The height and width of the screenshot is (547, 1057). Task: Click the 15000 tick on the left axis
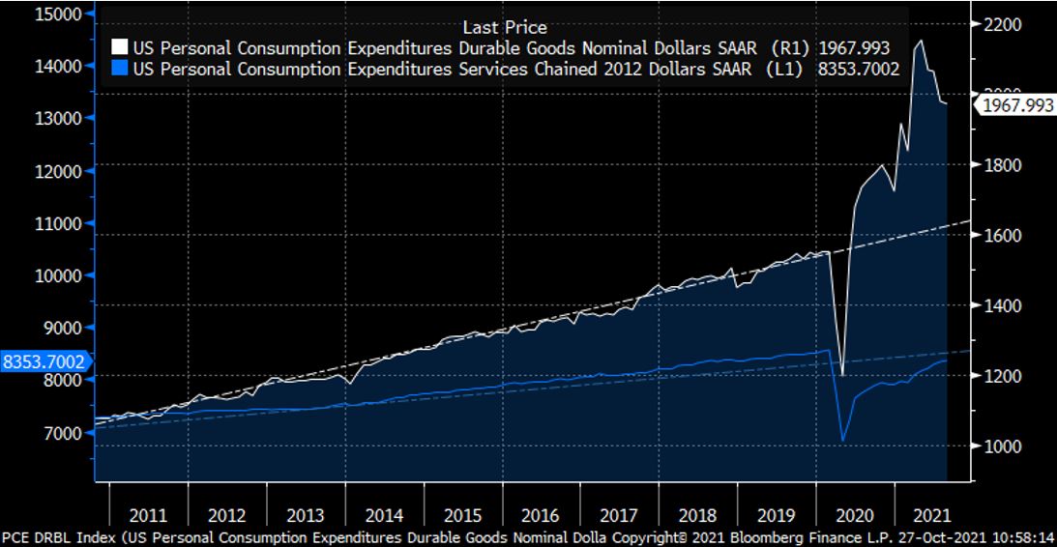(58, 14)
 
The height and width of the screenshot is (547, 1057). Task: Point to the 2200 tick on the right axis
(1002, 25)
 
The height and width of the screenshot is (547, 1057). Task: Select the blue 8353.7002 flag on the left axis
(43, 362)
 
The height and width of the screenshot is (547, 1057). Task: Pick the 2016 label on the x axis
(540, 515)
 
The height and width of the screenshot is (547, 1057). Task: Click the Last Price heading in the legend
(505, 27)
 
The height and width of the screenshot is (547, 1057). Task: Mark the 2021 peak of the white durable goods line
(919, 41)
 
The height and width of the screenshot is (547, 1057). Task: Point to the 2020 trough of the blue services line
(842, 441)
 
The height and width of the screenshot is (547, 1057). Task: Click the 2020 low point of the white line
(841, 374)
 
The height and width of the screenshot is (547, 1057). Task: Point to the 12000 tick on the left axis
(58, 171)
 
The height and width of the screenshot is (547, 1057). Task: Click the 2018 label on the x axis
(696, 515)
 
